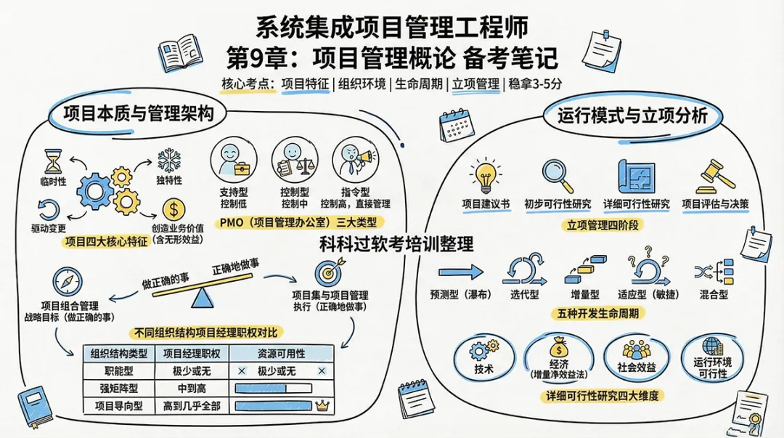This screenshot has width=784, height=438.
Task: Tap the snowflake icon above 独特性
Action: [x=168, y=159]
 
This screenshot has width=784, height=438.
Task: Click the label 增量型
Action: [x=584, y=295]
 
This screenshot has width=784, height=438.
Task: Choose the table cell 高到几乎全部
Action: [x=192, y=405]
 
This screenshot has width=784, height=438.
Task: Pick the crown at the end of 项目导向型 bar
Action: [x=324, y=405]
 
